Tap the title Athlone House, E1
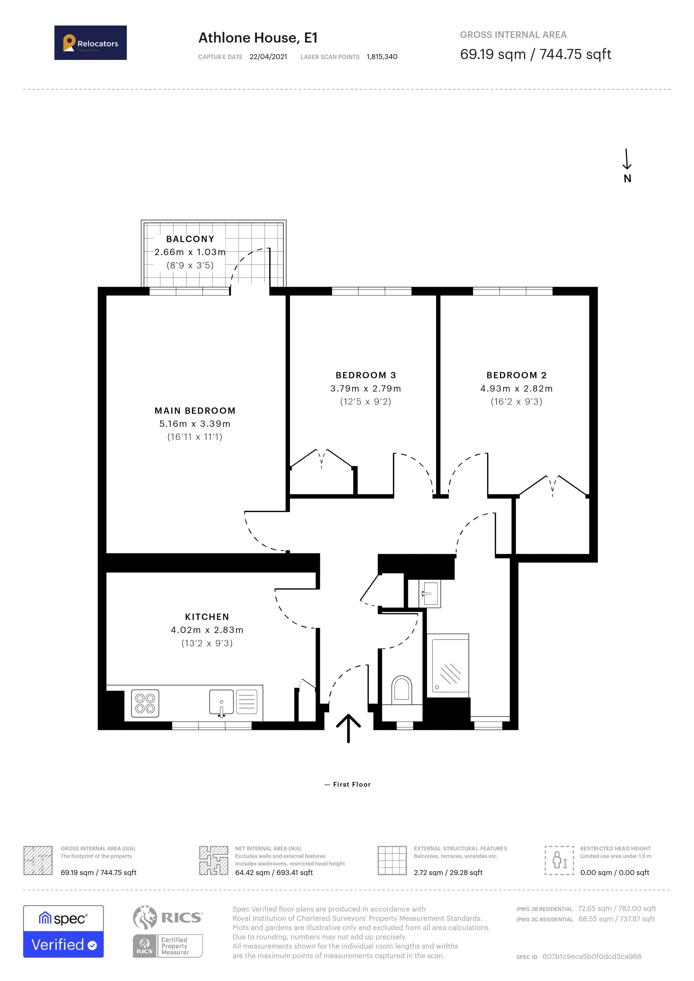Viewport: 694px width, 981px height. coord(258,38)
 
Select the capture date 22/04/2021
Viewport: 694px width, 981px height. coord(268,57)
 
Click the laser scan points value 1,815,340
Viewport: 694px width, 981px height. coord(382,57)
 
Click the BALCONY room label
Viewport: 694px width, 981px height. coord(190,239)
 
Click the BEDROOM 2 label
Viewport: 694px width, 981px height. coord(516,375)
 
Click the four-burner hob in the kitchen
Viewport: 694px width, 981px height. coord(145,703)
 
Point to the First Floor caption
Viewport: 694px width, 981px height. coord(351,784)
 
